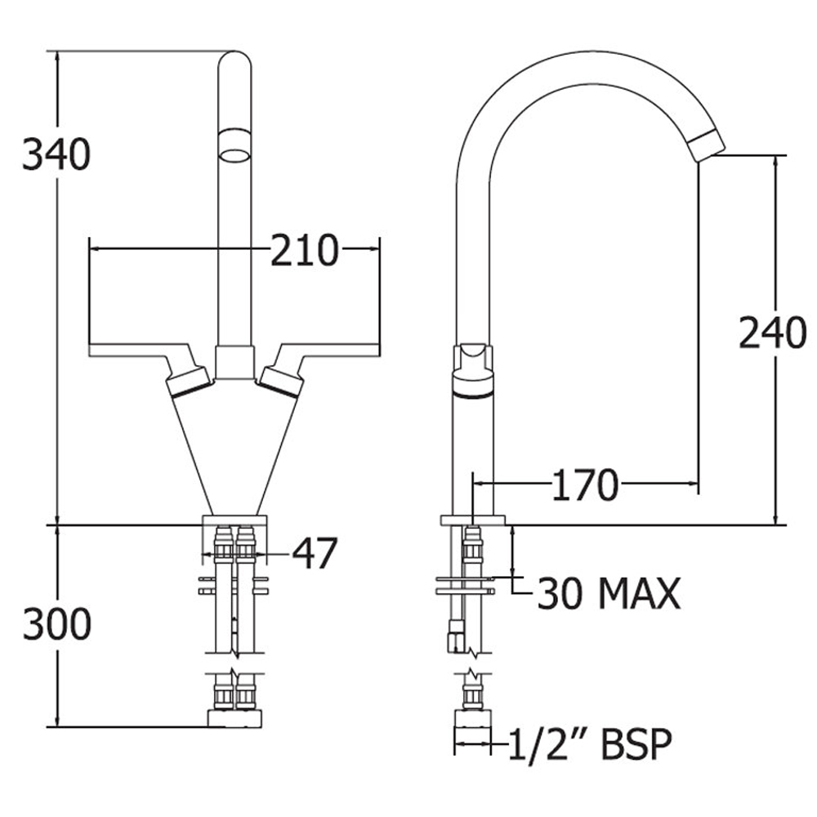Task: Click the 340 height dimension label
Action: tap(56, 154)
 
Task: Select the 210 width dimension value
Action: tap(305, 251)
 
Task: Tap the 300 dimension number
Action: tap(57, 624)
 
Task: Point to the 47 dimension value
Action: tap(315, 553)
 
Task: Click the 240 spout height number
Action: tap(773, 333)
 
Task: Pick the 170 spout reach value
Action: tap(586, 485)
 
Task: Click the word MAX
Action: tap(639, 593)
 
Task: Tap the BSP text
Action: tap(636, 744)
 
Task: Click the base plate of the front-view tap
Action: tap(234, 520)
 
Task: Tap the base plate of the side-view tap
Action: tap(472, 520)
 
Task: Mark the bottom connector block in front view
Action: tap(234, 718)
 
